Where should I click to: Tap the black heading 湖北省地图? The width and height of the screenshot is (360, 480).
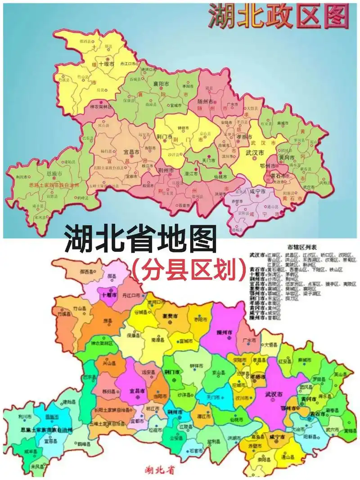click(x=140, y=239)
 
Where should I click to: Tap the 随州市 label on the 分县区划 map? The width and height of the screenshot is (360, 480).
click(x=224, y=332)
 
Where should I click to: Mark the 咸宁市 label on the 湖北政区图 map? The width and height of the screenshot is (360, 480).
click(x=258, y=191)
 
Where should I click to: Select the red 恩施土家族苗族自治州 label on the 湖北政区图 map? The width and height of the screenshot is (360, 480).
click(x=54, y=184)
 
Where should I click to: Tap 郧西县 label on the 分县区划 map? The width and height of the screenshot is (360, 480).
click(x=86, y=272)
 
